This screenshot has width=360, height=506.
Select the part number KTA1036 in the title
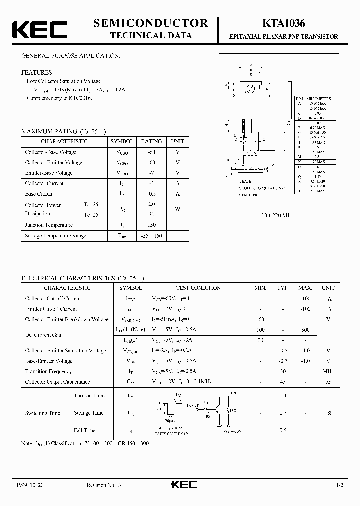coord(283,23)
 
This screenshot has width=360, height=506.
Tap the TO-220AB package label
coord(276,215)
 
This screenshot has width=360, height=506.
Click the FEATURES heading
coord(36,72)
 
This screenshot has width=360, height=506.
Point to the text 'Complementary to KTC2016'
coord(59,98)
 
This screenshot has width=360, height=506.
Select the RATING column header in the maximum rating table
coord(151,141)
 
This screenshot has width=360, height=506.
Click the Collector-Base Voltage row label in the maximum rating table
coord(51,152)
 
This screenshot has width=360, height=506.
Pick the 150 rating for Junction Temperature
coord(152,225)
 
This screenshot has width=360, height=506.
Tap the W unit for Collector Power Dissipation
coord(177,209)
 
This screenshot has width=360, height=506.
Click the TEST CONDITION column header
coord(198,288)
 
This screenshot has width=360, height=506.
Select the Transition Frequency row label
coord(49,371)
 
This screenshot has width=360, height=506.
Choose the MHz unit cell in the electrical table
coord(328,371)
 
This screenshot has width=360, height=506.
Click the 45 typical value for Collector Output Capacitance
coord(283,382)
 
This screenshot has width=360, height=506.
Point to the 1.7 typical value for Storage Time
coord(283,413)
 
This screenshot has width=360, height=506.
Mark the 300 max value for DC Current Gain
coord(305,330)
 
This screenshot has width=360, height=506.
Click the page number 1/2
coord(340,485)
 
